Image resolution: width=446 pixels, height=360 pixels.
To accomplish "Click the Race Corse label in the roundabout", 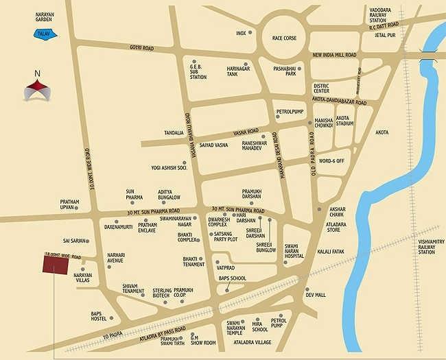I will pyautogui.click(x=284, y=38).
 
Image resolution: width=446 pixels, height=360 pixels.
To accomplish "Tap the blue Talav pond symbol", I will pyautogui.click(x=48, y=32).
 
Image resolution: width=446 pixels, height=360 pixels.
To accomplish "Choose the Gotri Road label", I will pyautogui.click(x=141, y=48).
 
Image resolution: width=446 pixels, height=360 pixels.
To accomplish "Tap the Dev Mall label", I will pyautogui.click(x=316, y=295).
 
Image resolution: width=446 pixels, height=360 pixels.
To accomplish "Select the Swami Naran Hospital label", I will pyautogui.click(x=294, y=251).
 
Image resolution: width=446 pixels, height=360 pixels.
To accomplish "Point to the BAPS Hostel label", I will pyautogui.click(x=101, y=316).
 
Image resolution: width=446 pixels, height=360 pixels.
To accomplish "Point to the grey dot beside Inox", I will pyautogui.click(x=250, y=33).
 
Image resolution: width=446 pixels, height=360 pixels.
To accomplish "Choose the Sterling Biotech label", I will pyautogui.click(x=161, y=293).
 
